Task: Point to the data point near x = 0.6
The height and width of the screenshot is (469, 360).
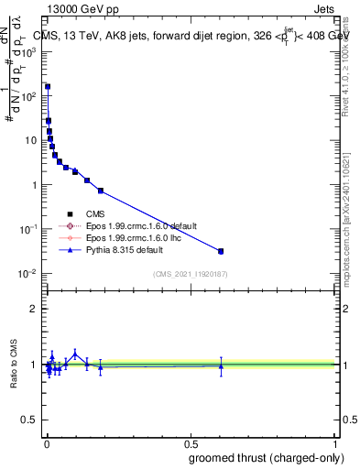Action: [221, 251]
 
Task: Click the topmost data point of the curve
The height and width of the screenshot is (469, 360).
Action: [48, 87]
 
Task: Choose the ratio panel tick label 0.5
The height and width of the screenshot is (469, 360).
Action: [29, 420]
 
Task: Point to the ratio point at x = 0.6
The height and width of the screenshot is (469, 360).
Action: [221, 366]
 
